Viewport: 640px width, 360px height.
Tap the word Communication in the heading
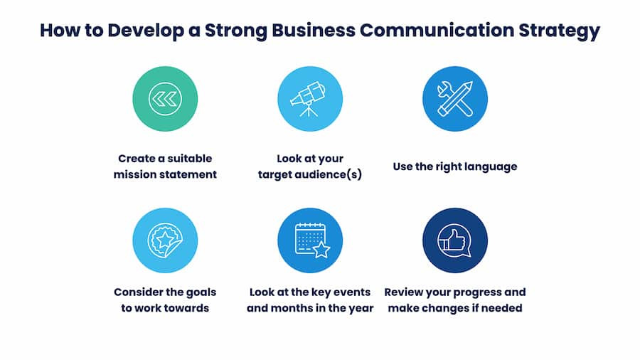coord(437,30)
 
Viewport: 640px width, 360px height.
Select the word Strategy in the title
coord(559,31)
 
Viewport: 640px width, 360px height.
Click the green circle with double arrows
coord(165,99)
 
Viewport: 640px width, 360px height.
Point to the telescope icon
coord(309,99)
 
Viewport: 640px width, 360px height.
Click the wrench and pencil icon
coord(454,99)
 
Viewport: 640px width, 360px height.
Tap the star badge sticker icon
coord(165,240)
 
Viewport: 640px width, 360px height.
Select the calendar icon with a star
coord(312,240)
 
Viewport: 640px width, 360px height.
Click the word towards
coord(188,308)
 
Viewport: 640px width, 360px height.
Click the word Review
coord(402,292)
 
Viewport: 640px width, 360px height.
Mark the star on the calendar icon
coord(321,250)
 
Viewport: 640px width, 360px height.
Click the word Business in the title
coord(314,30)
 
